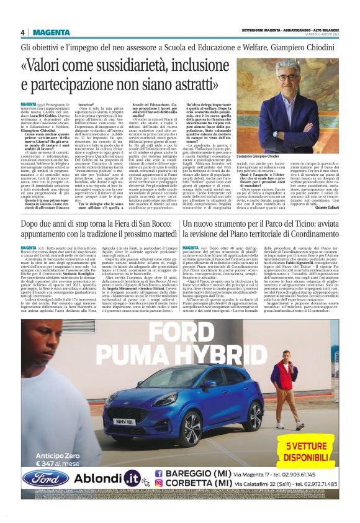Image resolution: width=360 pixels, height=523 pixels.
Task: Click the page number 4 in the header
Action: [x=22, y=33]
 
